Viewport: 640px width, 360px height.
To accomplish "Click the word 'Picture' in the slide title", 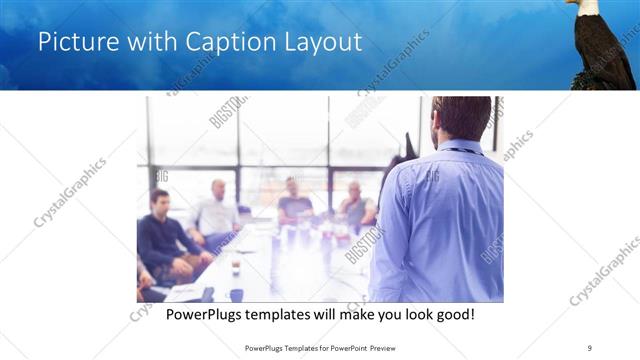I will [71, 42].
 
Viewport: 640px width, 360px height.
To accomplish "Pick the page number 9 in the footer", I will [590, 348].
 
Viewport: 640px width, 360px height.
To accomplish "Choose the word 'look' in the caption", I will [411, 314].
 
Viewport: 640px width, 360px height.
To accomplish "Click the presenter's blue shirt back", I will [437, 220].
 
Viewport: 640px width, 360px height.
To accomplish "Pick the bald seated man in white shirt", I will [216, 212].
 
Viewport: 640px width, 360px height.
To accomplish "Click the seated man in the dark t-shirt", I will [295, 202].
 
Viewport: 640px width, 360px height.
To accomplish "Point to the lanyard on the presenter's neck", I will [462, 151].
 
